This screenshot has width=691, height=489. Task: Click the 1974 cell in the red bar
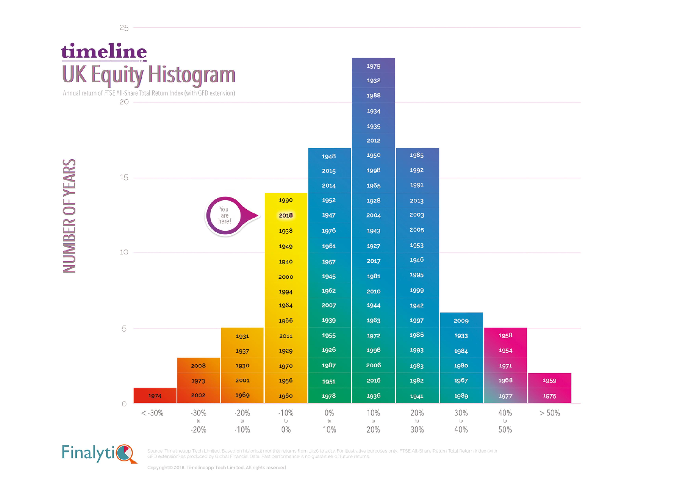pyautogui.click(x=155, y=396)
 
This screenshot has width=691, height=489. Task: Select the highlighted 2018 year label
pyautogui.click(x=286, y=215)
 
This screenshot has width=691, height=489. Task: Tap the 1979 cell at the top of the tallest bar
pyautogui.click(x=373, y=66)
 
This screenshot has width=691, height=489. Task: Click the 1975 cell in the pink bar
pyautogui.click(x=549, y=396)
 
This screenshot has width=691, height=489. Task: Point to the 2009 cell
pyautogui.click(x=461, y=321)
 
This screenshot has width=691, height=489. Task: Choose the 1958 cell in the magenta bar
pyautogui.click(x=505, y=335)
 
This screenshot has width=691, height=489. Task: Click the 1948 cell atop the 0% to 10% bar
pyautogui.click(x=329, y=156)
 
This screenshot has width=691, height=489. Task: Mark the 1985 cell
pyautogui.click(x=417, y=155)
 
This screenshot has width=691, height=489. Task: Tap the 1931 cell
pyautogui.click(x=242, y=336)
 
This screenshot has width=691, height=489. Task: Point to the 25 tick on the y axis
pyautogui.click(x=124, y=28)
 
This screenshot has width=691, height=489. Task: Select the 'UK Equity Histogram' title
pyautogui.click(x=149, y=75)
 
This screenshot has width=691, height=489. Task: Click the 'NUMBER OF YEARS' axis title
pyautogui.click(x=69, y=216)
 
